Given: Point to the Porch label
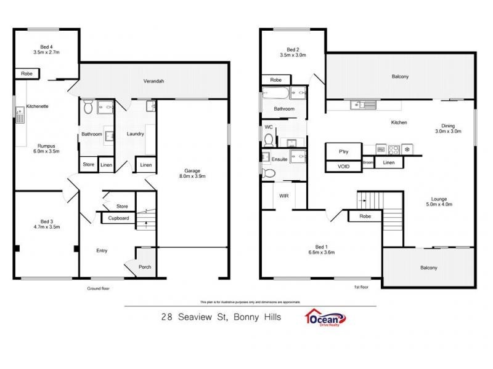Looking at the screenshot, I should click(145, 267).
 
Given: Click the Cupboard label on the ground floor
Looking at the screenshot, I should click(118, 218).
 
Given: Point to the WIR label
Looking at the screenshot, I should click(283, 196).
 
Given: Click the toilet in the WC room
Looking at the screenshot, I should click(268, 140).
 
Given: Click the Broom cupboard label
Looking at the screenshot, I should click(368, 162).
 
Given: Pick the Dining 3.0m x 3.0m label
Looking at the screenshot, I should click(448, 127).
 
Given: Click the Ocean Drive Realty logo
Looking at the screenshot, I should click(325, 318).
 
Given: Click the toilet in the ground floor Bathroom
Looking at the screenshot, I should click(88, 108).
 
